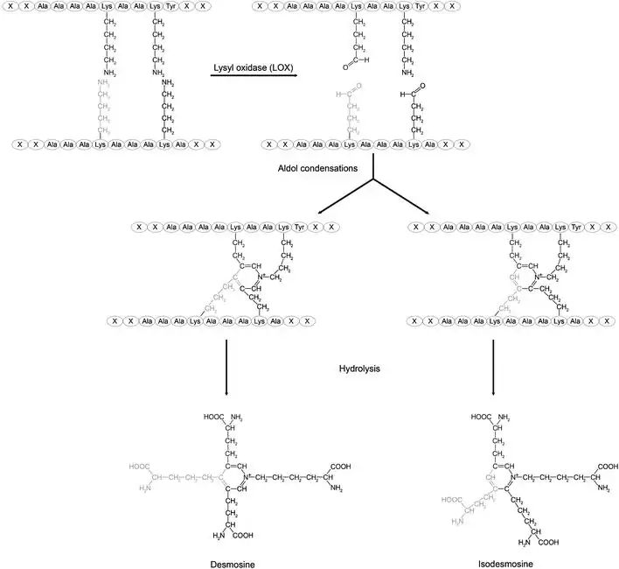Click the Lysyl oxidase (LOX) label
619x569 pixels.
253,66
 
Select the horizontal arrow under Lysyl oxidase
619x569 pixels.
254,78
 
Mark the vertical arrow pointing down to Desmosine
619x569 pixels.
226,363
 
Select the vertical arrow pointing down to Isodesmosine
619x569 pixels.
494,363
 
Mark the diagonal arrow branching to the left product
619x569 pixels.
345,197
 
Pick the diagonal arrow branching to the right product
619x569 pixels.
402,197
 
